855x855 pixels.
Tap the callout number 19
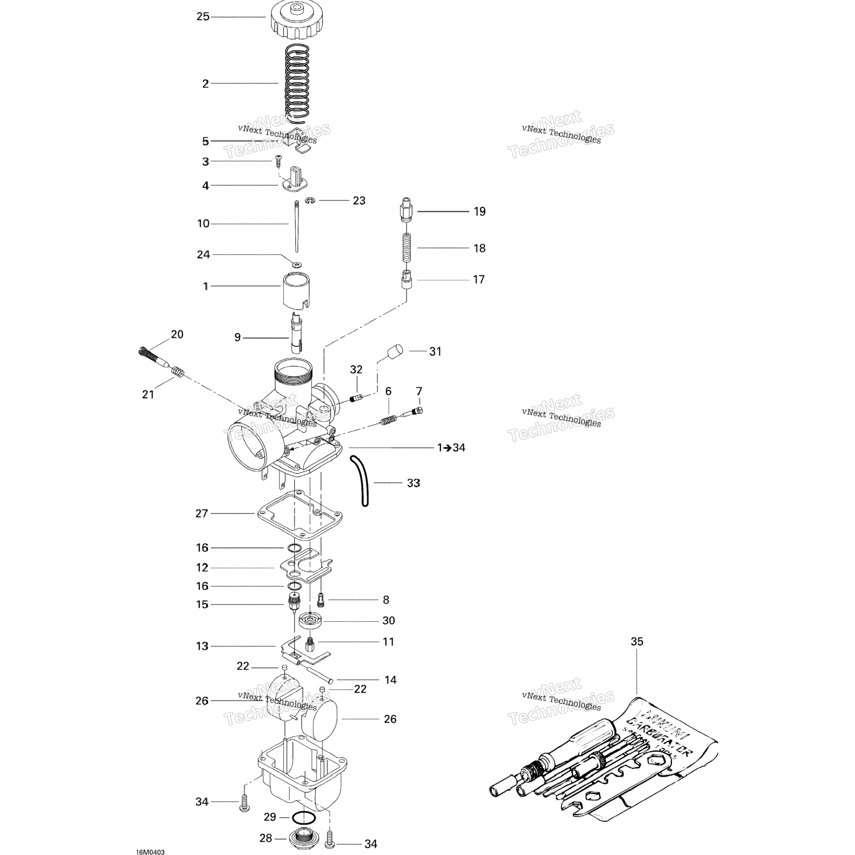479,211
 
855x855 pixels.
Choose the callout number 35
637,641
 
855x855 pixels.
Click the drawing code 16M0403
150,836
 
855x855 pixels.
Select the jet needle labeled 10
296,226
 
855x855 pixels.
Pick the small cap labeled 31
392,351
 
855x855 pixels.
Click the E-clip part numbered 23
311,200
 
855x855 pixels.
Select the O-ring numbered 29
304,818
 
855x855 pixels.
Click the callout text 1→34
451,448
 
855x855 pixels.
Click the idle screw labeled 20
153,356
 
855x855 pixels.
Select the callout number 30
388,621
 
